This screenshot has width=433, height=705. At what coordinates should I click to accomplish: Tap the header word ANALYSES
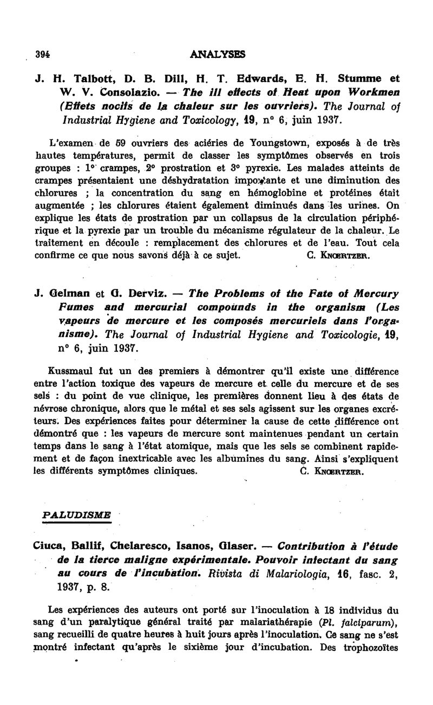218,54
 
